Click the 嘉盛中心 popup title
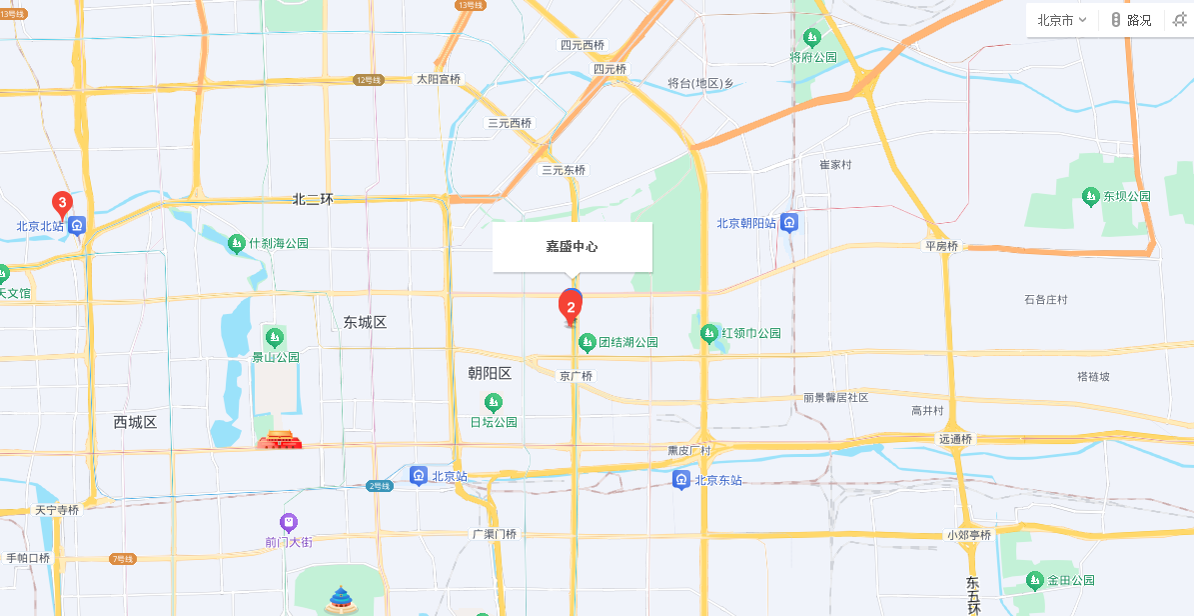[x=572, y=246]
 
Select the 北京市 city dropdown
[x=1061, y=20]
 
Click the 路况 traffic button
[x=1131, y=20]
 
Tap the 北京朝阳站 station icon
[x=790, y=222]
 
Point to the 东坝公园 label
[x=1127, y=196]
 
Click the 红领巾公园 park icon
[x=708, y=332]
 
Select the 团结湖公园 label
[x=628, y=343]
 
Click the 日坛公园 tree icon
[x=493, y=403]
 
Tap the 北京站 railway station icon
[x=419, y=475]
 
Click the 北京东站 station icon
[x=681, y=480]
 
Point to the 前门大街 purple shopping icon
[x=288, y=522]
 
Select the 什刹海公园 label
[x=279, y=243]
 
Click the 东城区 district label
[x=365, y=322]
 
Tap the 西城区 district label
[x=135, y=422]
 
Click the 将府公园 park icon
[x=812, y=38]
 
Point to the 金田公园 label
[x=1071, y=580]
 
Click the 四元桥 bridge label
[x=609, y=69]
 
